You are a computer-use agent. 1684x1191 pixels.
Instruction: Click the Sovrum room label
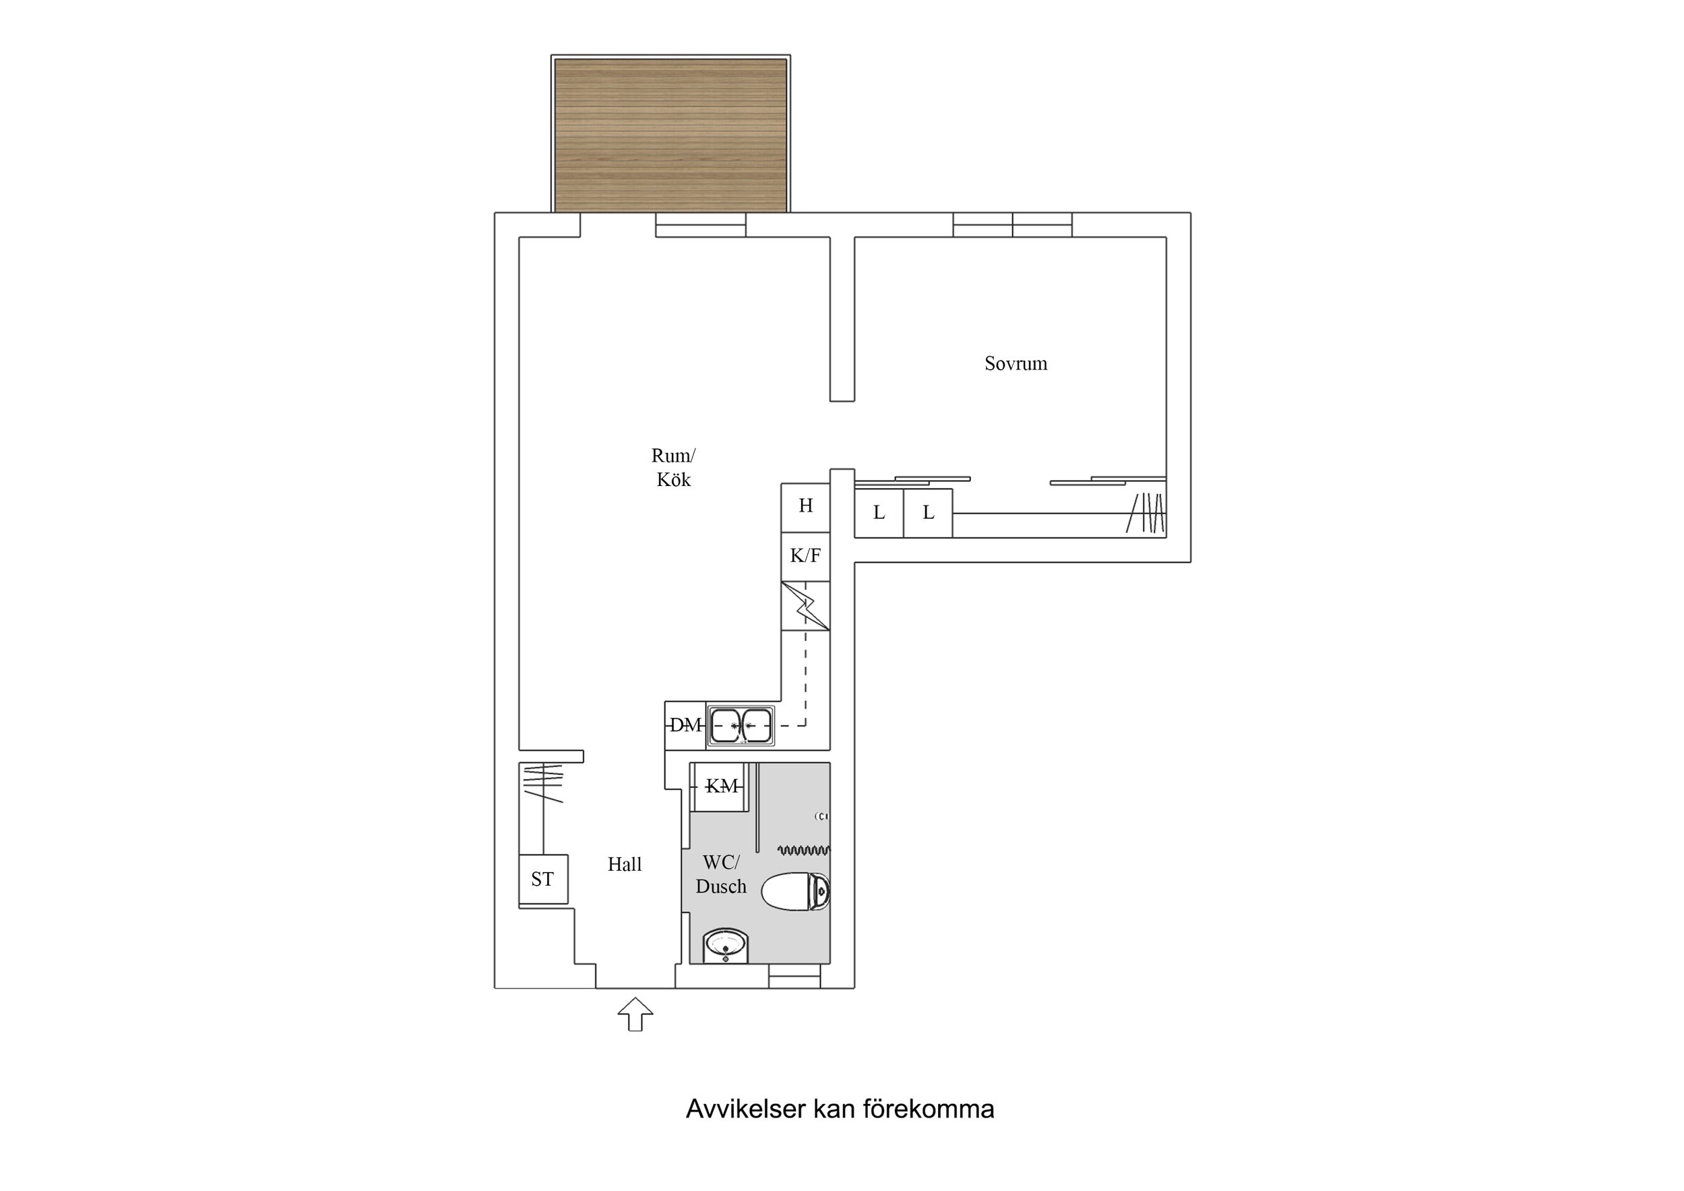coord(1015,363)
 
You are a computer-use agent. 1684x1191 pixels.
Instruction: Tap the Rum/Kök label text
coord(673,468)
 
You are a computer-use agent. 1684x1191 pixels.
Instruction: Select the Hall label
coord(624,865)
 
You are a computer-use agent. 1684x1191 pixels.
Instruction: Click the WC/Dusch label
coord(720,874)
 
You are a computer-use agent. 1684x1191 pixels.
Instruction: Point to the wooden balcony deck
coord(671,135)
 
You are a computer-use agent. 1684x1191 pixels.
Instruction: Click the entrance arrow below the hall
coord(635,1014)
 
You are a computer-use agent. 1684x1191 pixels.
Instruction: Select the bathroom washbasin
coord(725,944)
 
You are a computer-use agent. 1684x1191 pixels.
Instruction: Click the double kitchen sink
coord(741,726)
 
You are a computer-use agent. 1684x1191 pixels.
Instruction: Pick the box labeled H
coord(805,506)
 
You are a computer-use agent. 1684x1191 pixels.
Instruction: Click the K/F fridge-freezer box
coord(805,556)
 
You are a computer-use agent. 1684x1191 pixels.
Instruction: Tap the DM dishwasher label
coord(685,726)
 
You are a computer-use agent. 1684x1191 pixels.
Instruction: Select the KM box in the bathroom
coord(721,787)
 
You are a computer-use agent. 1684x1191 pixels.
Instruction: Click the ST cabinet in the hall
coord(542,879)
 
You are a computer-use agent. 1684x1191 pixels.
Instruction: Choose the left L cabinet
coord(879,513)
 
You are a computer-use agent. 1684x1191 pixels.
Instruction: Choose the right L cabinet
coord(928,513)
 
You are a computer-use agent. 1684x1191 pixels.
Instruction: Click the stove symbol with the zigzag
coord(805,606)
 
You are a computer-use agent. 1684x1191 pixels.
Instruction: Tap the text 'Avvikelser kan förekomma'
coord(840,1109)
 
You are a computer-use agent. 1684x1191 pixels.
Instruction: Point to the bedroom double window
coord(1012,224)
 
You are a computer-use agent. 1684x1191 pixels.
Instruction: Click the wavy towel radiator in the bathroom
coord(804,851)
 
